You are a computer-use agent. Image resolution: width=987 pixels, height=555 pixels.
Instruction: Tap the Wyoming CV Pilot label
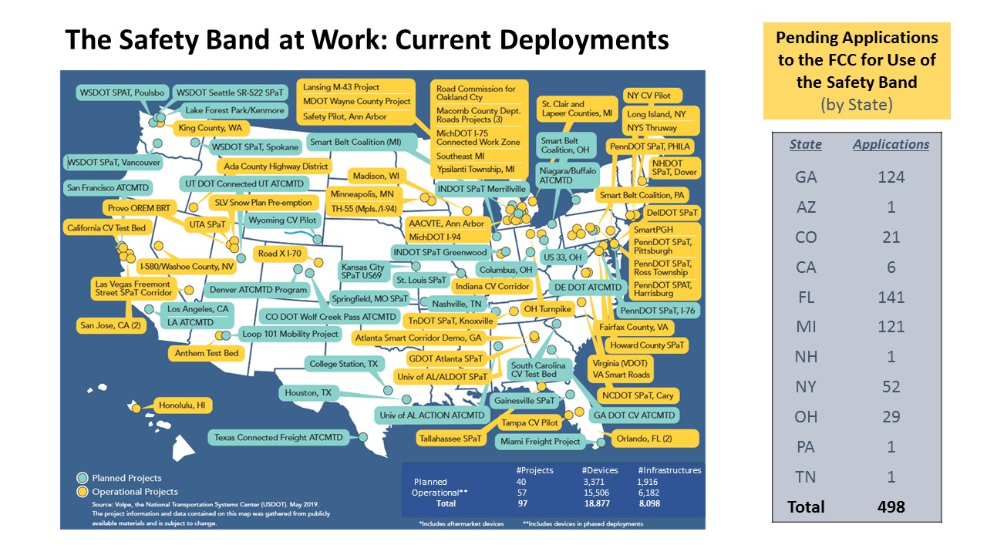[282, 220]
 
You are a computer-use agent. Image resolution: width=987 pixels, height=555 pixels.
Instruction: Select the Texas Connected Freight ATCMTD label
[278, 438]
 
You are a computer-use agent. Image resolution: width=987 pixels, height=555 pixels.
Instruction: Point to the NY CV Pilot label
[648, 96]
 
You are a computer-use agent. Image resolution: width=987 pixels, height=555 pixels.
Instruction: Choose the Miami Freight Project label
[540, 442]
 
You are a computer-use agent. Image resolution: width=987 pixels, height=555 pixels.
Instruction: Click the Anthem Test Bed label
[207, 353]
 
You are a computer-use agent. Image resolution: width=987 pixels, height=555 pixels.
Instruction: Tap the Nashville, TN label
[456, 304]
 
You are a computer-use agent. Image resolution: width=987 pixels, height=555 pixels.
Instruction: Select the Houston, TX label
[308, 393]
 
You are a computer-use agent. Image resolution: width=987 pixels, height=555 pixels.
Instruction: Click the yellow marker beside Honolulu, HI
[136, 409]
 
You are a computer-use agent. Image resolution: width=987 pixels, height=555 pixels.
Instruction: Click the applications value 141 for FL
[891, 297]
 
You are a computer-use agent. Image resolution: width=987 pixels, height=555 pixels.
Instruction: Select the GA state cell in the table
[806, 177]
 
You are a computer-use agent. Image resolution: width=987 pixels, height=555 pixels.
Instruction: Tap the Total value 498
[891, 506]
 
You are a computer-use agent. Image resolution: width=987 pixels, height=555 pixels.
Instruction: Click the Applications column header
[891, 144]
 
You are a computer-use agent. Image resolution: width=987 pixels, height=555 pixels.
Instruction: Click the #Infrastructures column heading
[669, 470]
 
